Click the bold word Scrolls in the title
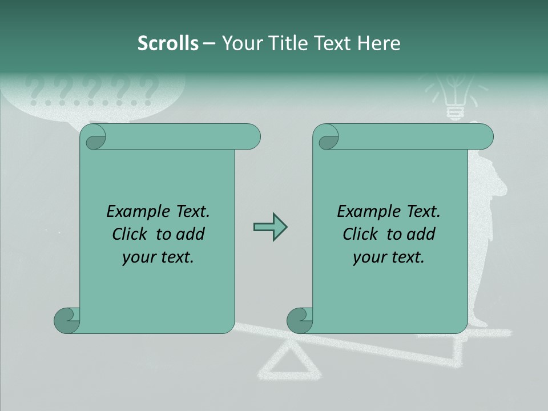pos(168,43)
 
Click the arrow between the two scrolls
pos(270,227)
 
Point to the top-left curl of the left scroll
pos(93,137)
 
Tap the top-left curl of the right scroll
pos(326,137)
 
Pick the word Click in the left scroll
pos(131,234)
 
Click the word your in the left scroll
pos(139,257)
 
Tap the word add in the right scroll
pos(421,234)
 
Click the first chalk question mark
pos(35,92)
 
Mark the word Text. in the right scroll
pos(422,212)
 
